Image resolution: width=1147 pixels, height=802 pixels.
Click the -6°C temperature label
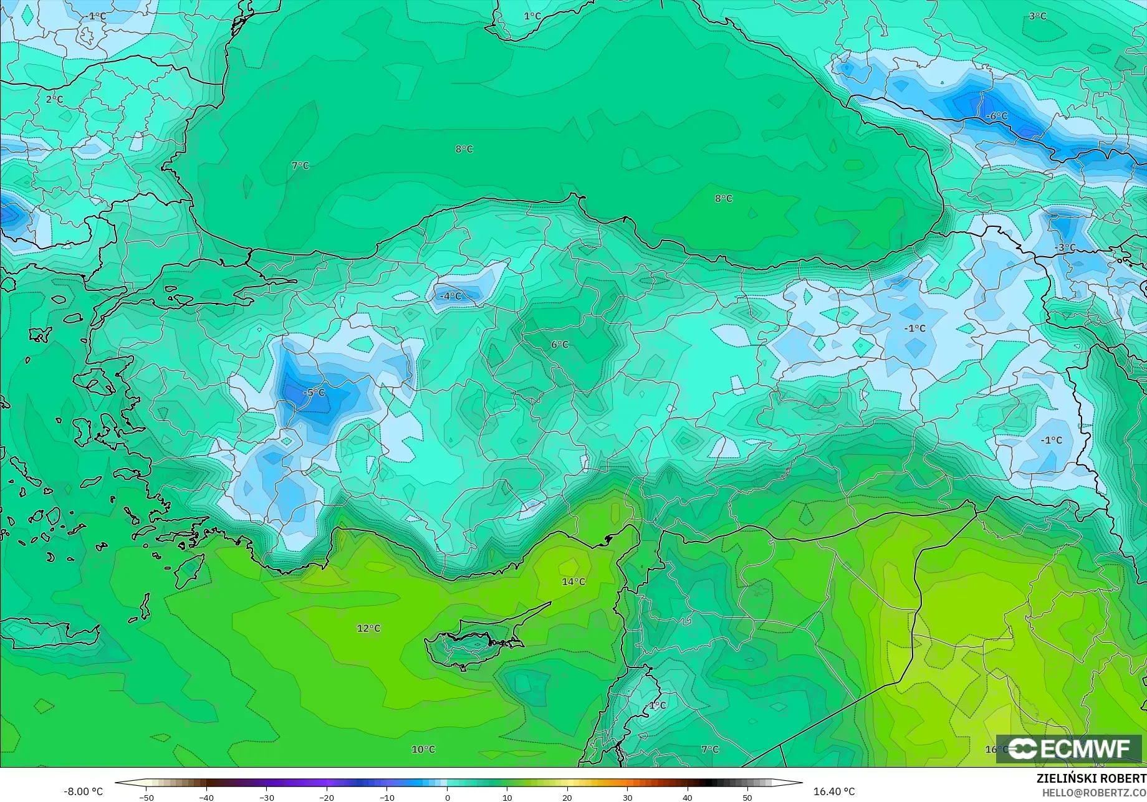[x=996, y=116]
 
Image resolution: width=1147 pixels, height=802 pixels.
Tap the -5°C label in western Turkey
[x=314, y=393]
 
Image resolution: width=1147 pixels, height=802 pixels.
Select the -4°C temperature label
[x=451, y=296]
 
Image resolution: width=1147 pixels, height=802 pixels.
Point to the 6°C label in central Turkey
[x=560, y=345]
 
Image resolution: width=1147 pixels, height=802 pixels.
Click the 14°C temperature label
[x=573, y=581]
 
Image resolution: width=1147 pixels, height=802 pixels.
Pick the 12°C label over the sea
[x=368, y=628]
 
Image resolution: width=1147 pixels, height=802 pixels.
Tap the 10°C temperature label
[x=423, y=749]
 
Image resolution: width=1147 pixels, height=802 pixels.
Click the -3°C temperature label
[x=1065, y=247]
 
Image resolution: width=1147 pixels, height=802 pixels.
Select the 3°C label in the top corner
[x=1038, y=16]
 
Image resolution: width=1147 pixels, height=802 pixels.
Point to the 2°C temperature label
[x=54, y=99]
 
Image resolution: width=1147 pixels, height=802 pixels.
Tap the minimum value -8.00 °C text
[x=84, y=791]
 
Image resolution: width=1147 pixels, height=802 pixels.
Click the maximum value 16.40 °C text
[x=834, y=791]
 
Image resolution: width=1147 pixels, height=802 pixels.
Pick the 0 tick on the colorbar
[x=447, y=798]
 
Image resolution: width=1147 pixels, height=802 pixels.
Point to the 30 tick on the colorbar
[x=627, y=798]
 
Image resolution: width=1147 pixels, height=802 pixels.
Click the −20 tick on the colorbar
[x=326, y=798]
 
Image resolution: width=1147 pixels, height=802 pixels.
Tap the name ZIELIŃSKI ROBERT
[x=1091, y=778]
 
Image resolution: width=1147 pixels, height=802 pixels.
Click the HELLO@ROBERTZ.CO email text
[x=1094, y=792]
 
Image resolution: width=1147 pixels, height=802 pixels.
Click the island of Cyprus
[x=474, y=642]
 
